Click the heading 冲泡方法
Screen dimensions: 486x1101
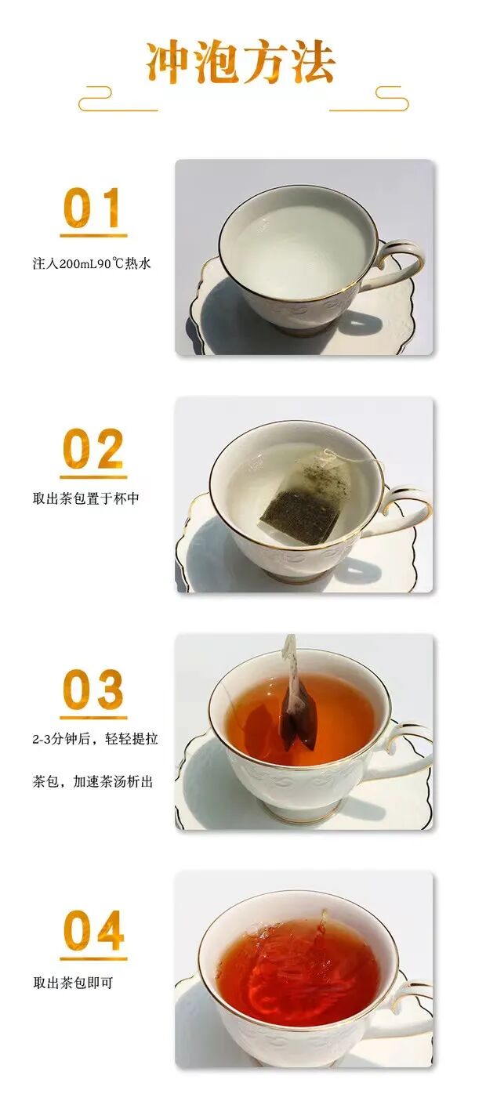(241, 63)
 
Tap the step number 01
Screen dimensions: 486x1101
(92, 208)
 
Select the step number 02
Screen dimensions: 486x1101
(92, 448)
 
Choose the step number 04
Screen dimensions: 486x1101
(93, 930)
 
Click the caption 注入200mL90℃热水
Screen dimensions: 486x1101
(92, 263)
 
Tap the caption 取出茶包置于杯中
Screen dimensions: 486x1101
(86, 499)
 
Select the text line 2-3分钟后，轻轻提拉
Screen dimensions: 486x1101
(95, 739)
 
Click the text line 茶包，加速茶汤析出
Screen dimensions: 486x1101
(93, 781)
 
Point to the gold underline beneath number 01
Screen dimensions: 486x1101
(93, 236)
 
